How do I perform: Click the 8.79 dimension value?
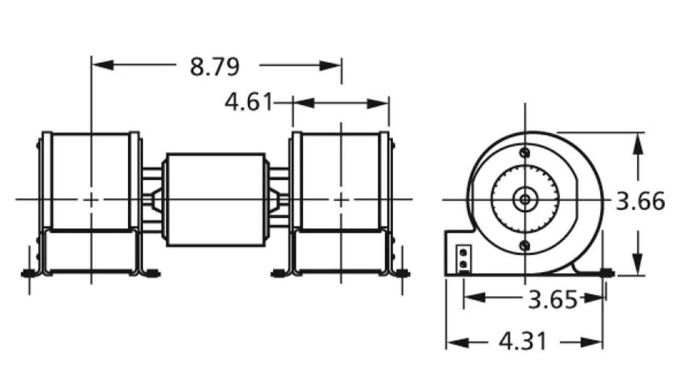click(214, 67)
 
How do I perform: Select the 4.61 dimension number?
click(248, 102)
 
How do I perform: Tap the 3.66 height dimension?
click(640, 201)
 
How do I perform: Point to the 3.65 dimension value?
click(552, 299)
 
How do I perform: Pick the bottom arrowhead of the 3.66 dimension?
click(638, 264)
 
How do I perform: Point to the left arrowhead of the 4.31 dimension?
click(457, 342)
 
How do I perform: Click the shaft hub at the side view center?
click(525, 200)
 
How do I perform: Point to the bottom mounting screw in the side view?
click(525, 246)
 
